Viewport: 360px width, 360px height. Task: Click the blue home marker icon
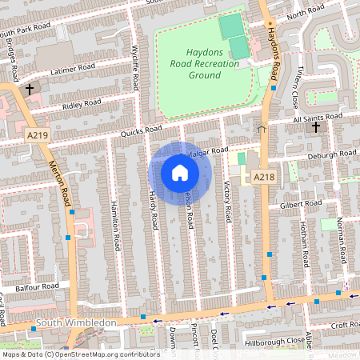180,173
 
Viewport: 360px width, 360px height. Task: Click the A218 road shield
263,177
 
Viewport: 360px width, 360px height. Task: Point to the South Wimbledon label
77,323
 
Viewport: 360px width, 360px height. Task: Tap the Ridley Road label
82,104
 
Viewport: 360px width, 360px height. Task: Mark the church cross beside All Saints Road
315,127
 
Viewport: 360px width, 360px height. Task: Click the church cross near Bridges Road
29,89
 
